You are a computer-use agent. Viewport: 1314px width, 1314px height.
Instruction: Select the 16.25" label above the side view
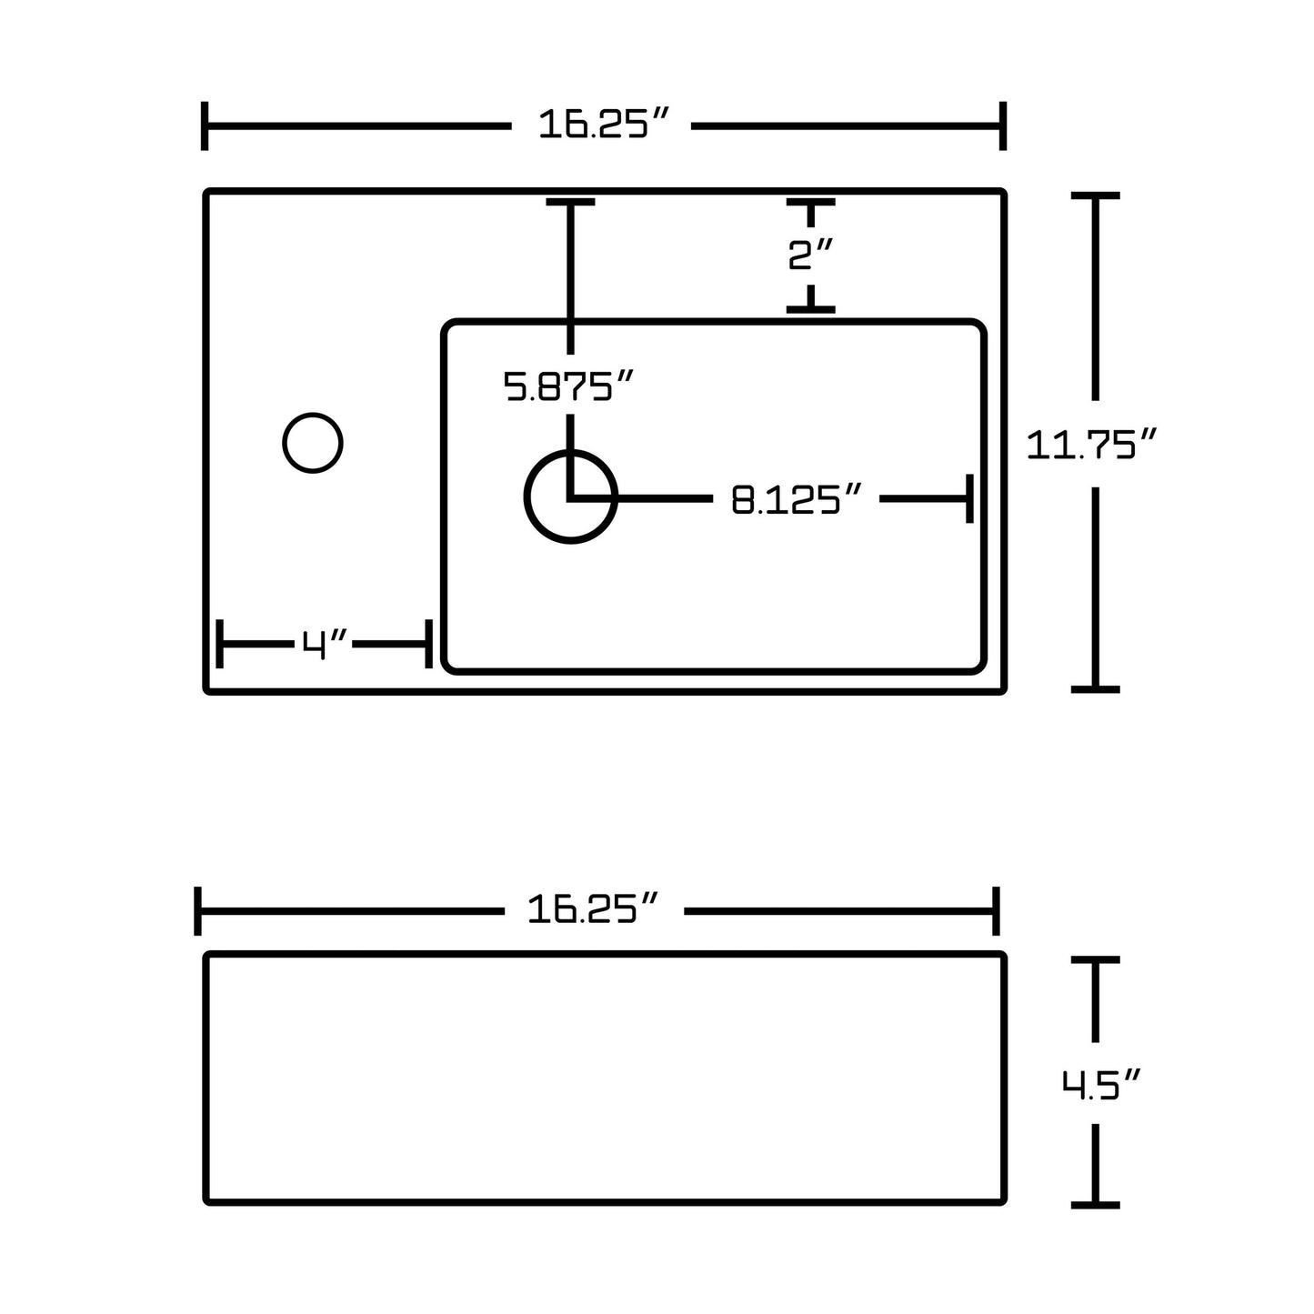(592, 909)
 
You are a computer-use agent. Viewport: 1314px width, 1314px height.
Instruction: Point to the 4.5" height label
(1100, 1085)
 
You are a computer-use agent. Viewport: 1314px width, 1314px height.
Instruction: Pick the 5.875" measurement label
(568, 386)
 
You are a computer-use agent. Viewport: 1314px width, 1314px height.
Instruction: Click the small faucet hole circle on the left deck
(313, 443)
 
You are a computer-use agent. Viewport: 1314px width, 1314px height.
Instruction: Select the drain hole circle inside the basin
(571, 497)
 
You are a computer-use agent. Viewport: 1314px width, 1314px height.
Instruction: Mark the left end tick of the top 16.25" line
(206, 125)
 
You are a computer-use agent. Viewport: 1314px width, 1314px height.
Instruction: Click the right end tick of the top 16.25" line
(1002, 125)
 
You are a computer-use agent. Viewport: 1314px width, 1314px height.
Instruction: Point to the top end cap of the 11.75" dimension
(1095, 196)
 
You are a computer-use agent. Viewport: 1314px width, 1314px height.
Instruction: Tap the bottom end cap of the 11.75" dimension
(1095, 688)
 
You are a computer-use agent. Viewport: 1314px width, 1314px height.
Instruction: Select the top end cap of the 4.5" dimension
(1095, 959)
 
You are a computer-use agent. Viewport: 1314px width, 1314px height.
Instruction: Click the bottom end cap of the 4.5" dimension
(1095, 1205)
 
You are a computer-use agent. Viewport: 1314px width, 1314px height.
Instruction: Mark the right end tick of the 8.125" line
(969, 498)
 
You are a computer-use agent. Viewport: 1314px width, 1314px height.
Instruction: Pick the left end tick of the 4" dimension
(220, 644)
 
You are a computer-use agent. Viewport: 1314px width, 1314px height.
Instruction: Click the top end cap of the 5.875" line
(570, 202)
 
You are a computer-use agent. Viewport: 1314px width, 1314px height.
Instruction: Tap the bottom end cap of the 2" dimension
(810, 310)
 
